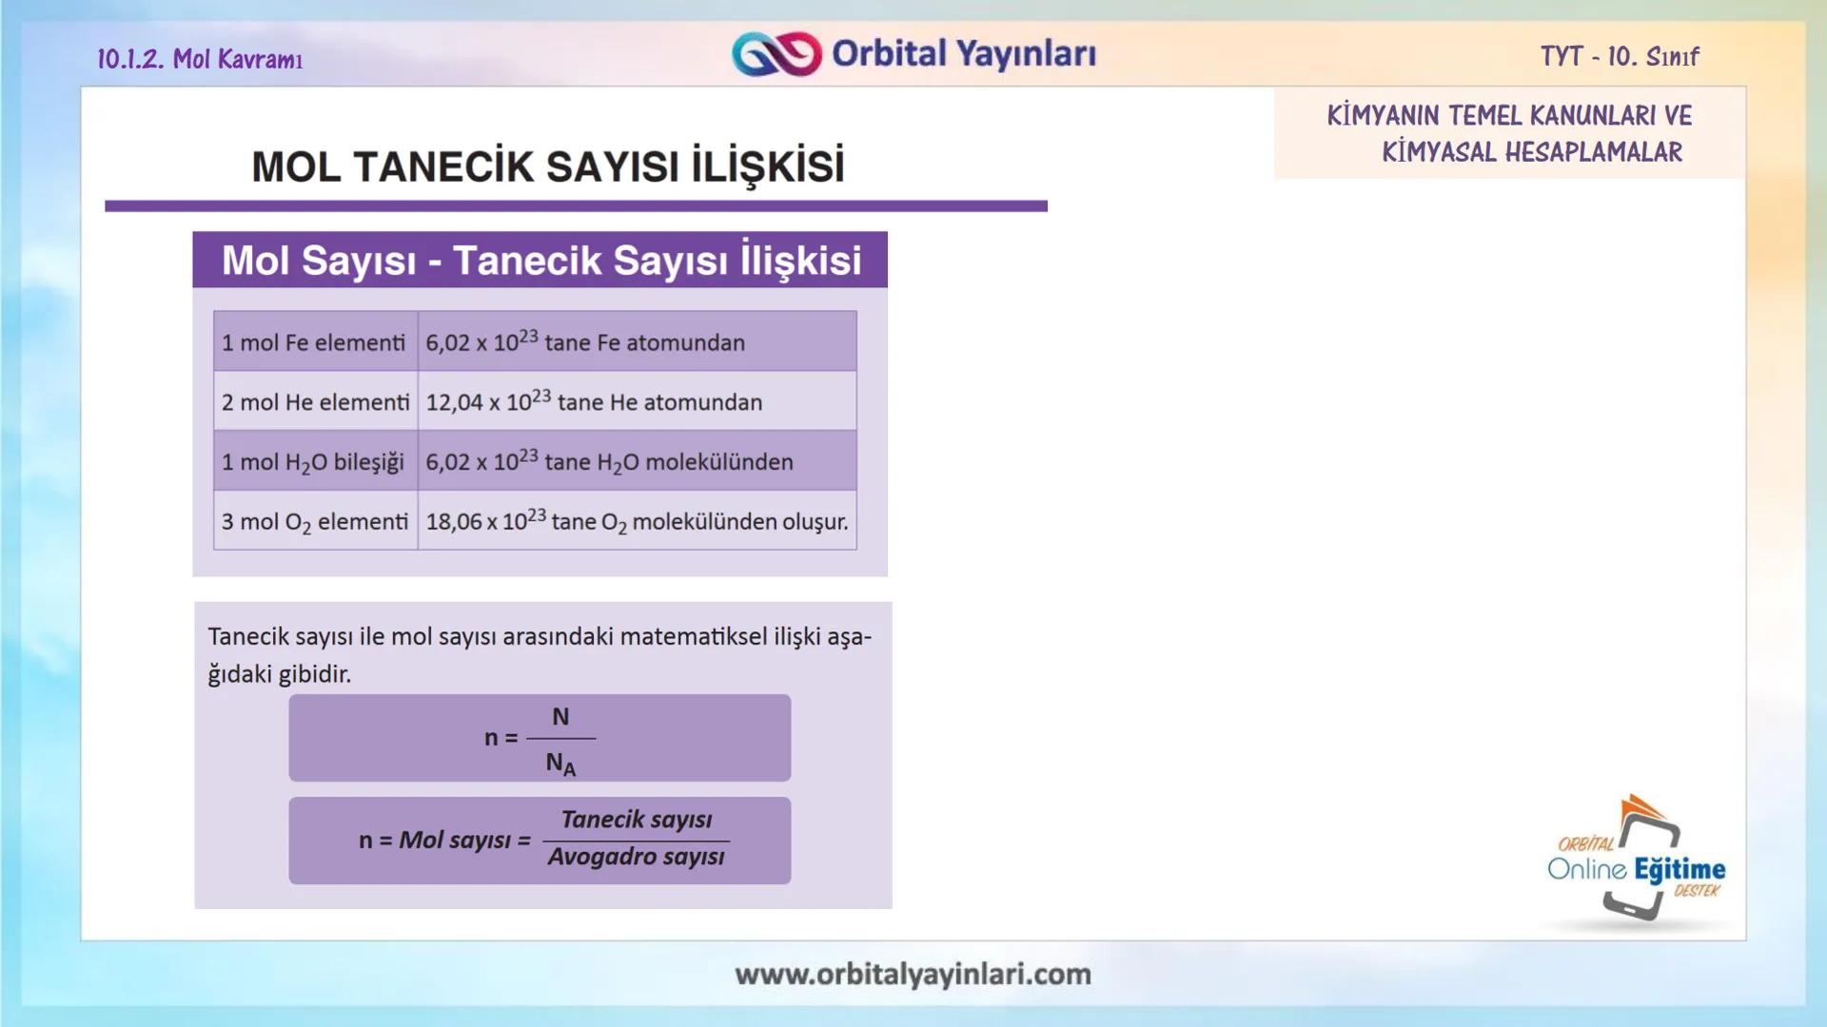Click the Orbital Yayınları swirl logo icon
(x=776, y=54)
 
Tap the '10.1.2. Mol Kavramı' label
(x=200, y=59)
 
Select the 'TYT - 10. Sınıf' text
(x=1620, y=57)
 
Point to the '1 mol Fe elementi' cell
(x=314, y=342)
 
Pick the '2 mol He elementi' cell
(x=315, y=402)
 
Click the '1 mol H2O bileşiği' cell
(x=313, y=462)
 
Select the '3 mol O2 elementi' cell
(x=315, y=522)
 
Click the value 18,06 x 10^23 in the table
(x=484, y=521)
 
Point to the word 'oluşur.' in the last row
(x=815, y=522)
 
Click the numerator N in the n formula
(x=560, y=717)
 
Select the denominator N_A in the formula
(x=560, y=763)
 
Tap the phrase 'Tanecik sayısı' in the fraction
(x=636, y=820)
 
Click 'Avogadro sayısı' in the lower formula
(x=636, y=857)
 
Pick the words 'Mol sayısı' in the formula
(x=455, y=841)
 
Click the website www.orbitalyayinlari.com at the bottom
(x=913, y=974)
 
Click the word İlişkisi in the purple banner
(x=800, y=261)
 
